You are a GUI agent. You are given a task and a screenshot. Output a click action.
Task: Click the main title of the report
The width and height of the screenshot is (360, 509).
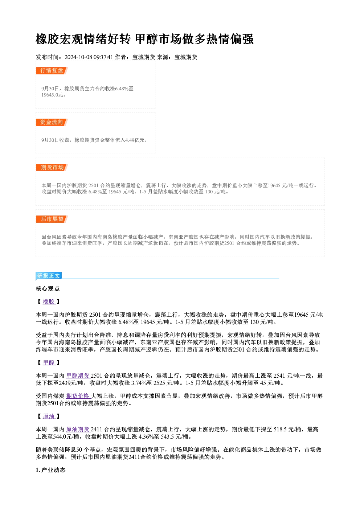coord(144,39)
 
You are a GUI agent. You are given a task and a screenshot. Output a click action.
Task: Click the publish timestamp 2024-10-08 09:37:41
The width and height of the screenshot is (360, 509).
coord(89,57)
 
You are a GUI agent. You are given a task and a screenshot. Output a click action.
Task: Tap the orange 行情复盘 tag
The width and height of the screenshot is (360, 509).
coord(52,71)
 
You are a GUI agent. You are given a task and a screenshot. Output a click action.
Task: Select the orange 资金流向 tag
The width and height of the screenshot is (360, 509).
coord(52,122)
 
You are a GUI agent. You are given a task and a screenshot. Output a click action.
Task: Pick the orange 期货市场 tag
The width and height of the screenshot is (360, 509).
coord(52,168)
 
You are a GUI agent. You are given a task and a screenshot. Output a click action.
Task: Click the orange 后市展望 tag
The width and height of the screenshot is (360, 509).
coord(52,219)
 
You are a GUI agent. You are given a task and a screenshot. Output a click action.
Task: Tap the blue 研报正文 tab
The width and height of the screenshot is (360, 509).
coord(49,276)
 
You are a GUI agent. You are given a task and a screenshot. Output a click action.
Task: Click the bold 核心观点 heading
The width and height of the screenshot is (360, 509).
coord(48,289)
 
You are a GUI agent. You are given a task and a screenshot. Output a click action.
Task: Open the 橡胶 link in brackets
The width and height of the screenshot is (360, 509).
coord(49,301)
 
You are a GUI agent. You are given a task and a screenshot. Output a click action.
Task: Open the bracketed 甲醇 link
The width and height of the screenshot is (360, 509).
coord(49,362)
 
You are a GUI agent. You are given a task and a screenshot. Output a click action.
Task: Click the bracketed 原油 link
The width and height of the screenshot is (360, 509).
coord(49,416)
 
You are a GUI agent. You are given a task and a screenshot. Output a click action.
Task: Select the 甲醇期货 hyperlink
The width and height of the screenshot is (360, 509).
coord(78,375)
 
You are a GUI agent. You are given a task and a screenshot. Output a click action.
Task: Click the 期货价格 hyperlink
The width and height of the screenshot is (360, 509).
coord(78,396)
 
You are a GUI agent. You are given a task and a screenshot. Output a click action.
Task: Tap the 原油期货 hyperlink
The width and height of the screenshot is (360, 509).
coord(78,429)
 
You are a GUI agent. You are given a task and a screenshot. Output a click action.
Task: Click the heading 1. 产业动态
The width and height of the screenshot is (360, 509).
coord(51,470)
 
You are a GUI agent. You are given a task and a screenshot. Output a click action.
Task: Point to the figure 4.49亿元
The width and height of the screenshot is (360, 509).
coord(135,140)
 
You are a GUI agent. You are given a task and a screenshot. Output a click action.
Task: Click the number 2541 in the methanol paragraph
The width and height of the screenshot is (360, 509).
coord(279,375)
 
